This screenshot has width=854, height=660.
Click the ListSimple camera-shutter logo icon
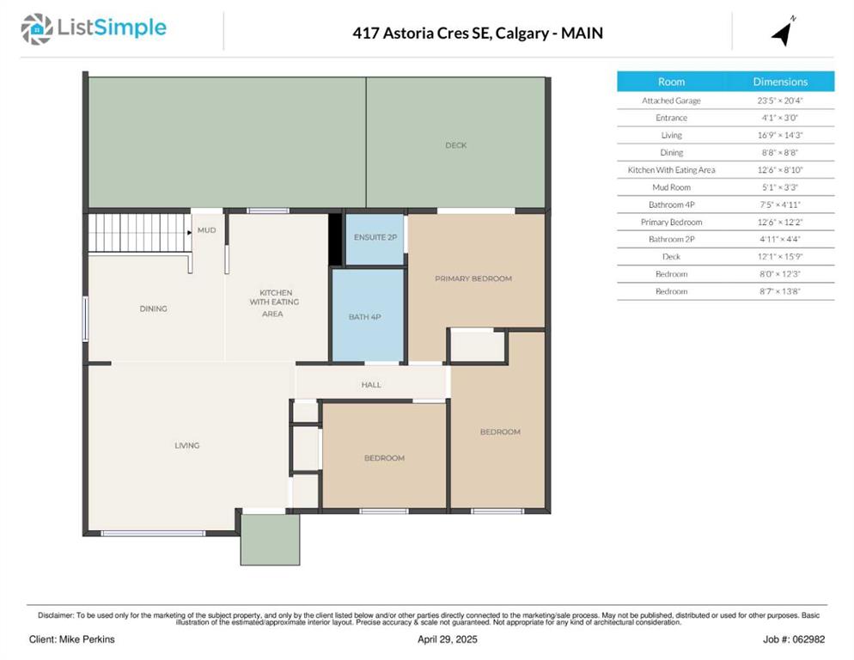tap(37, 29)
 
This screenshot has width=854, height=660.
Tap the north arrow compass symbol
tap(784, 32)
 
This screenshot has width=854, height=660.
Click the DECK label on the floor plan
tap(456, 145)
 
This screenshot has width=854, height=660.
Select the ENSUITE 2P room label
tap(375, 237)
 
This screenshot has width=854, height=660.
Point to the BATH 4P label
tap(365, 316)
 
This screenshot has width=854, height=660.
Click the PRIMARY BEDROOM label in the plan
tap(473, 278)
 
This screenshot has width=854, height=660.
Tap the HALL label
tap(371, 385)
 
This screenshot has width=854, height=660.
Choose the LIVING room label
tap(186, 445)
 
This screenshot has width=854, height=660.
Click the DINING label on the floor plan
tap(153, 309)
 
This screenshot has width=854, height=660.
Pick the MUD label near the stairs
tap(206, 230)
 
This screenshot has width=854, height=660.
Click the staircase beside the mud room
tap(140, 233)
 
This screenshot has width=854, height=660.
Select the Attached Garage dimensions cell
tap(780, 101)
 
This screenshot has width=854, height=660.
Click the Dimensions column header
tap(780, 82)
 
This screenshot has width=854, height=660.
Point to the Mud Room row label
tap(671, 187)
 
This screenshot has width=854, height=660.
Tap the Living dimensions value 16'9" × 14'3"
tap(780, 135)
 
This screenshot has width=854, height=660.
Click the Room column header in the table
tap(671, 82)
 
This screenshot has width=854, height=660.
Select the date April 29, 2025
tap(447, 639)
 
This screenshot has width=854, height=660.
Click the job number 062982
tap(808, 639)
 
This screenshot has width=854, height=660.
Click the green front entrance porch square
tap(270, 540)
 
